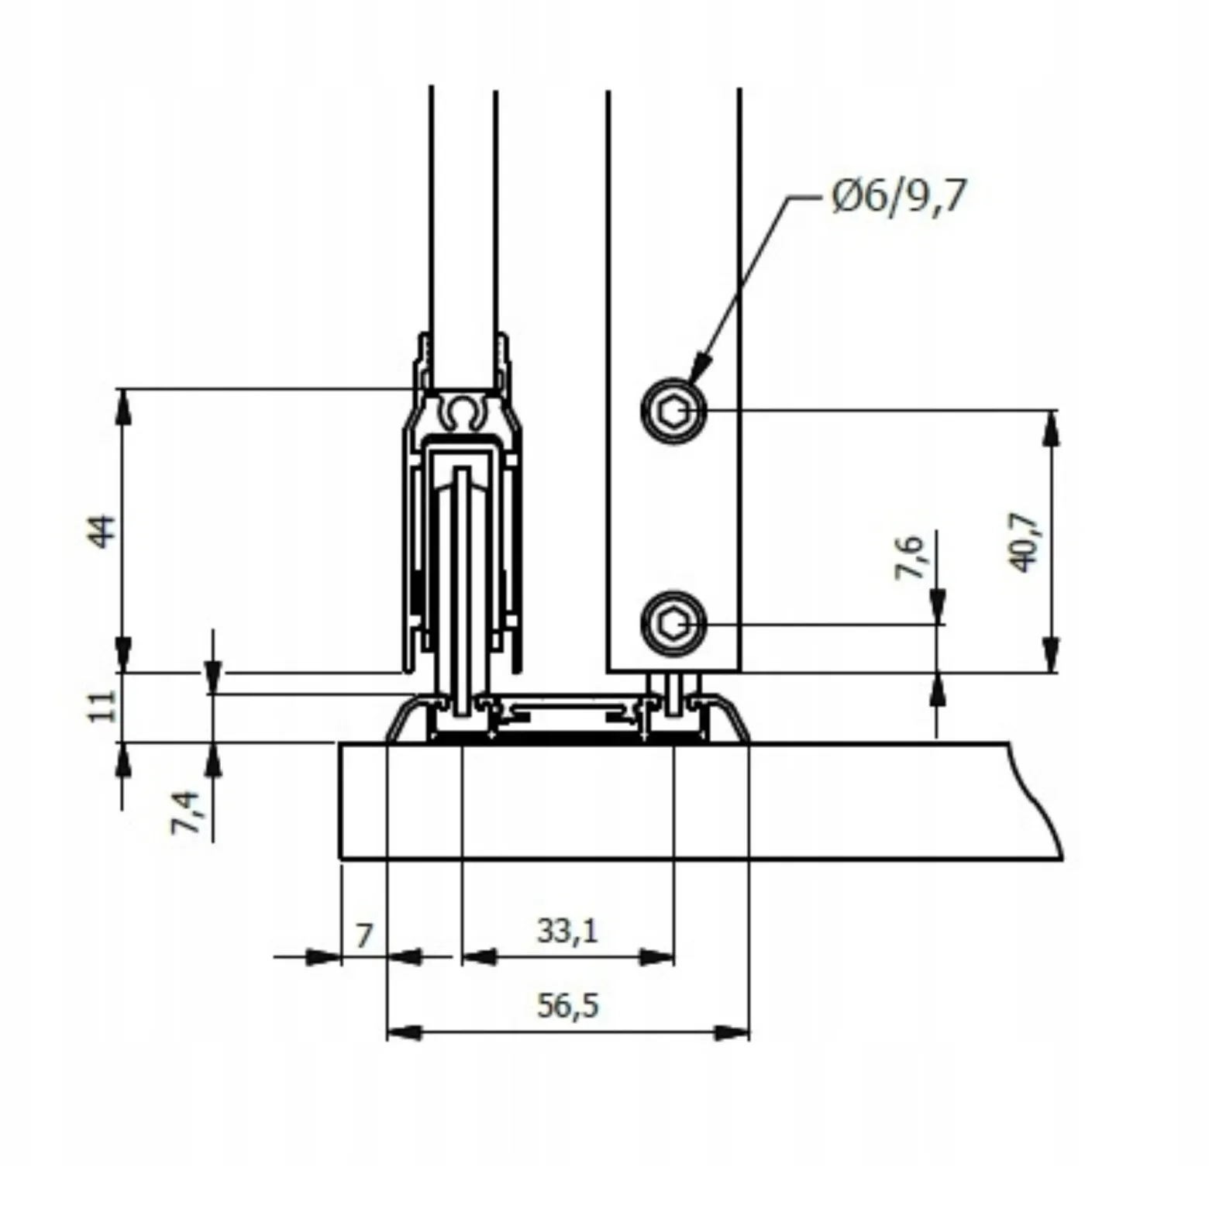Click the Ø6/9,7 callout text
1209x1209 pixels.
[x=899, y=196]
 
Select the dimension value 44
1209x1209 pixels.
[x=102, y=532]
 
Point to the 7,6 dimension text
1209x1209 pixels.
[x=911, y=556]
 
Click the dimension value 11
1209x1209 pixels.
[x=102, y=706]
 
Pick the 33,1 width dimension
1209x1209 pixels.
[x=568, y=930]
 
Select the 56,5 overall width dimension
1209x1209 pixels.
[x=568, y=1006]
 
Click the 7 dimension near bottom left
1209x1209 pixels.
[x=364, y=936]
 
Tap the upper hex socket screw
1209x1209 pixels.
[x=673, y=411]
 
